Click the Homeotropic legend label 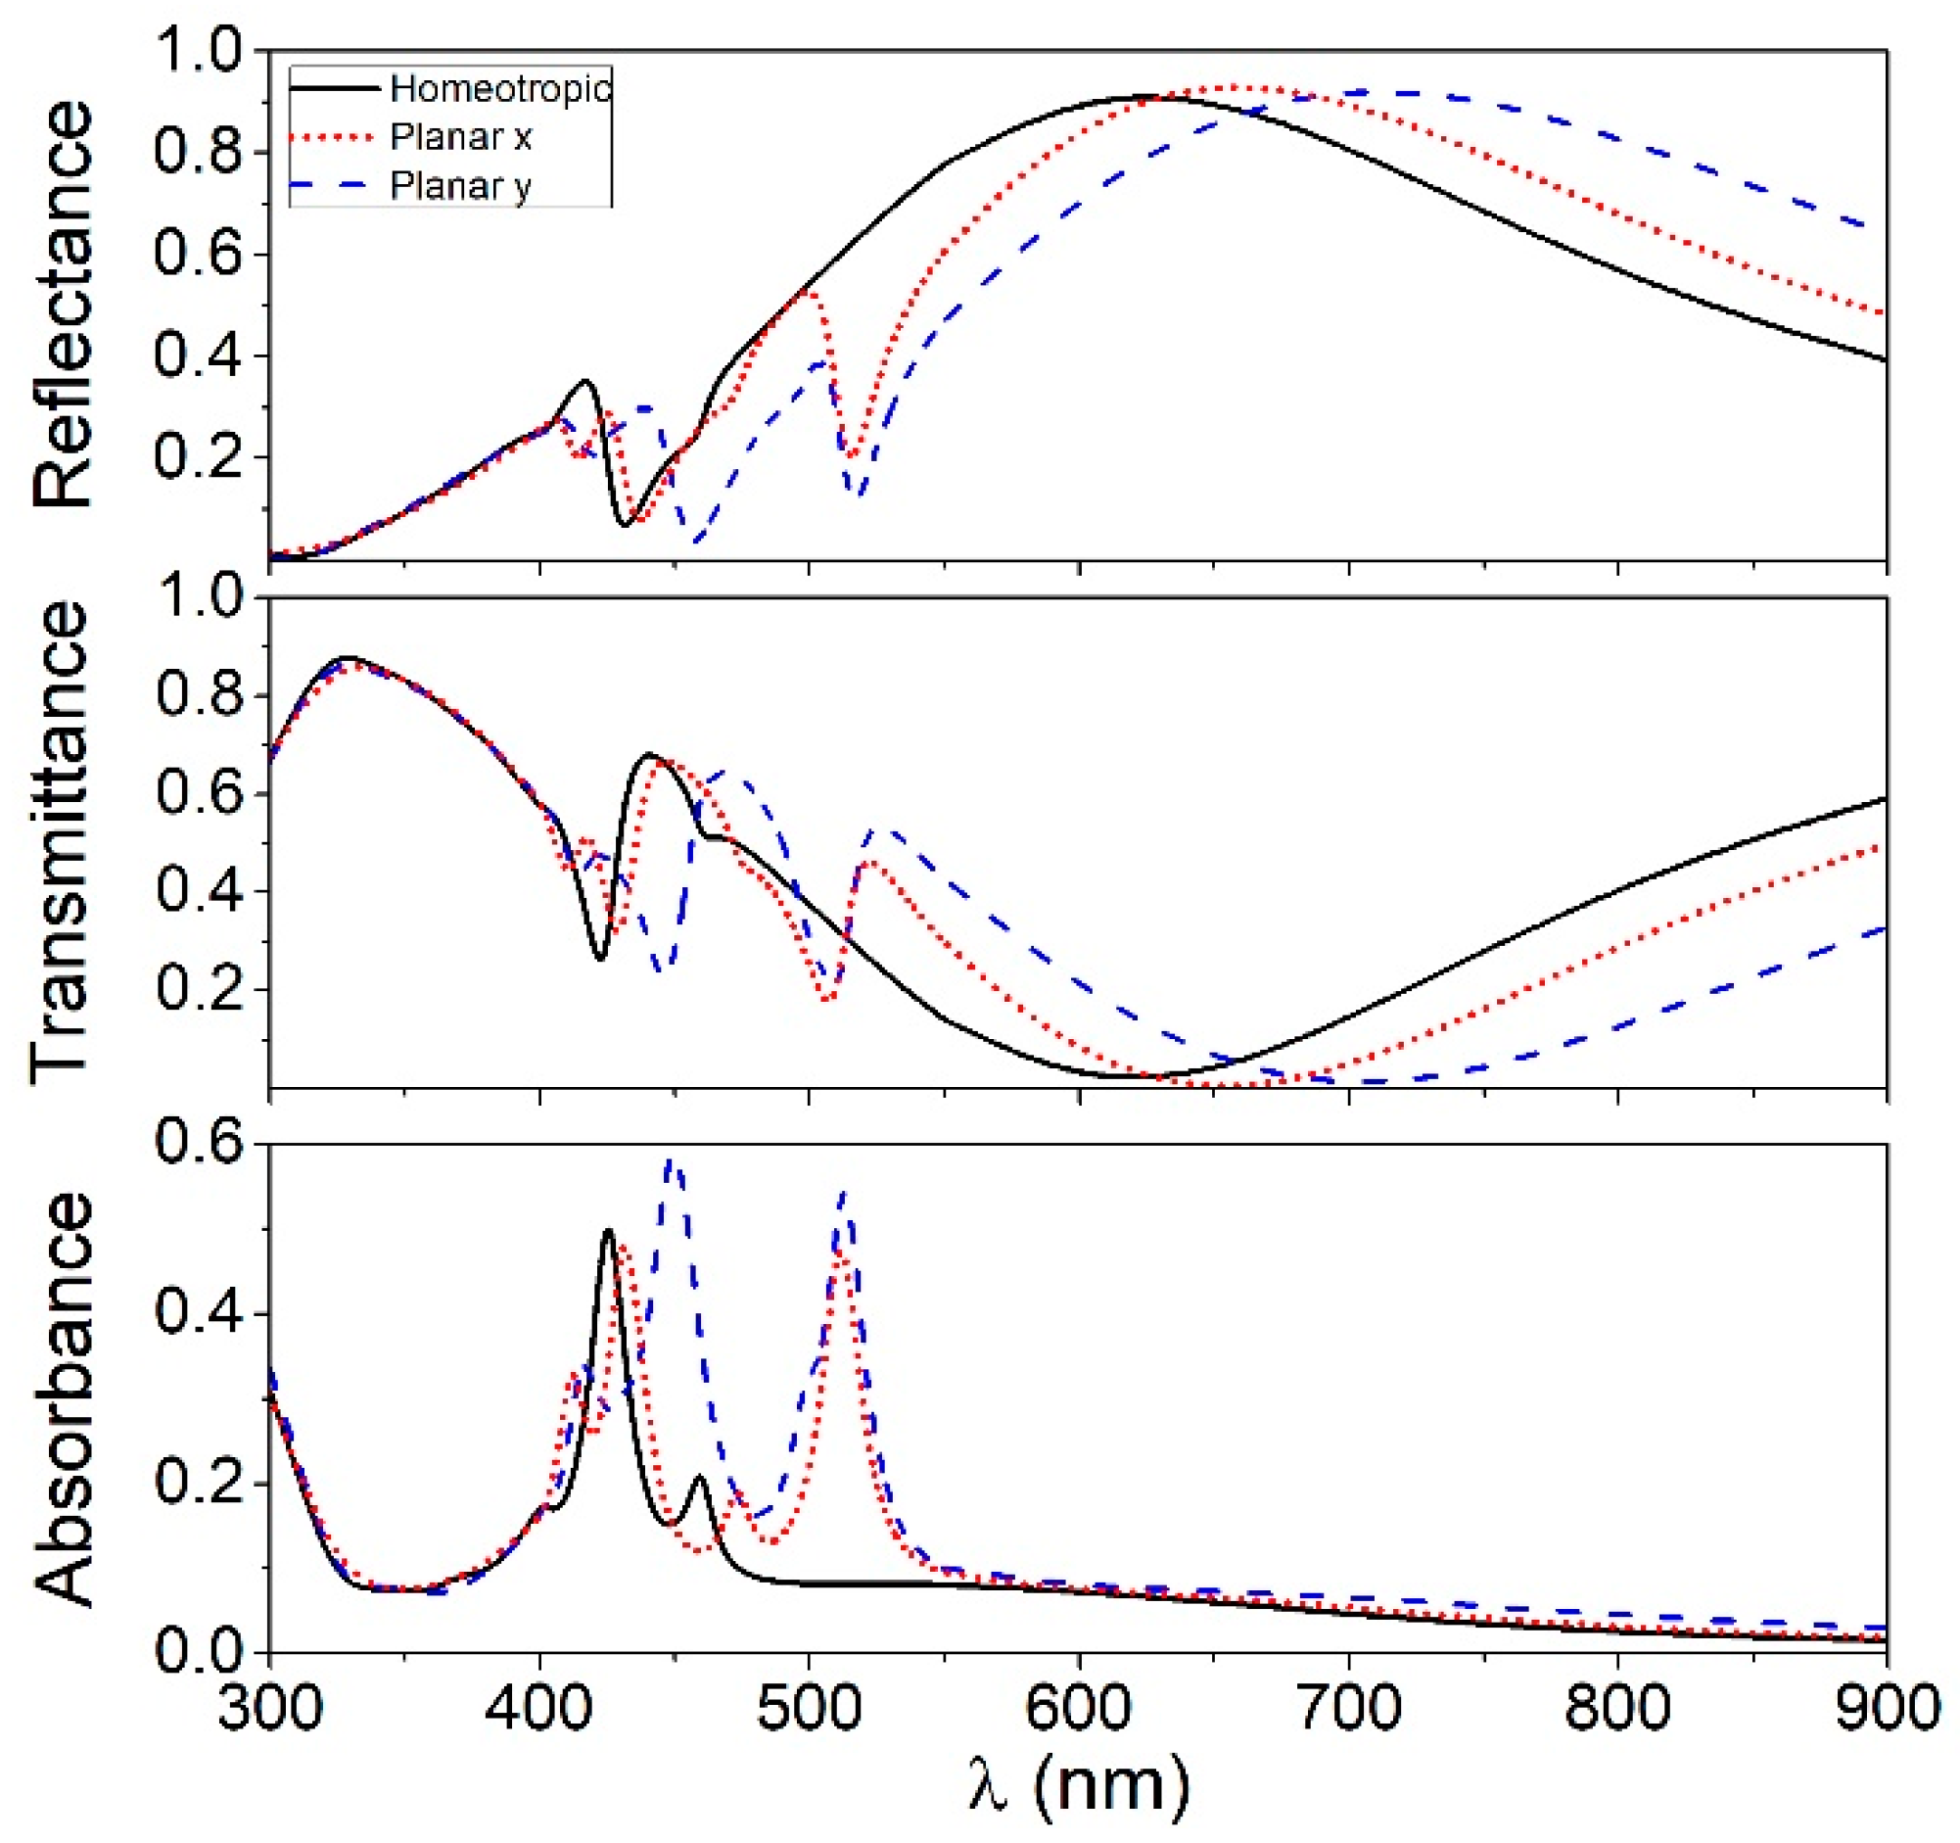pos(500,89)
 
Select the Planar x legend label pos(460,137)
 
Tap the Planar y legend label pos(460,185)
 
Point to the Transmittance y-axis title pos(61,842)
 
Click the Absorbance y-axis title pos(61,1399)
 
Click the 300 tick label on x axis pos(270,1708)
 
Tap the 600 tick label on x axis pos(1079,1708)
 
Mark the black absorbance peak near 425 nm pos(608,1231)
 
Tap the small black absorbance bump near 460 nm pos(700,1477)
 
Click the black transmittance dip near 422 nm pos(600,958)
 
